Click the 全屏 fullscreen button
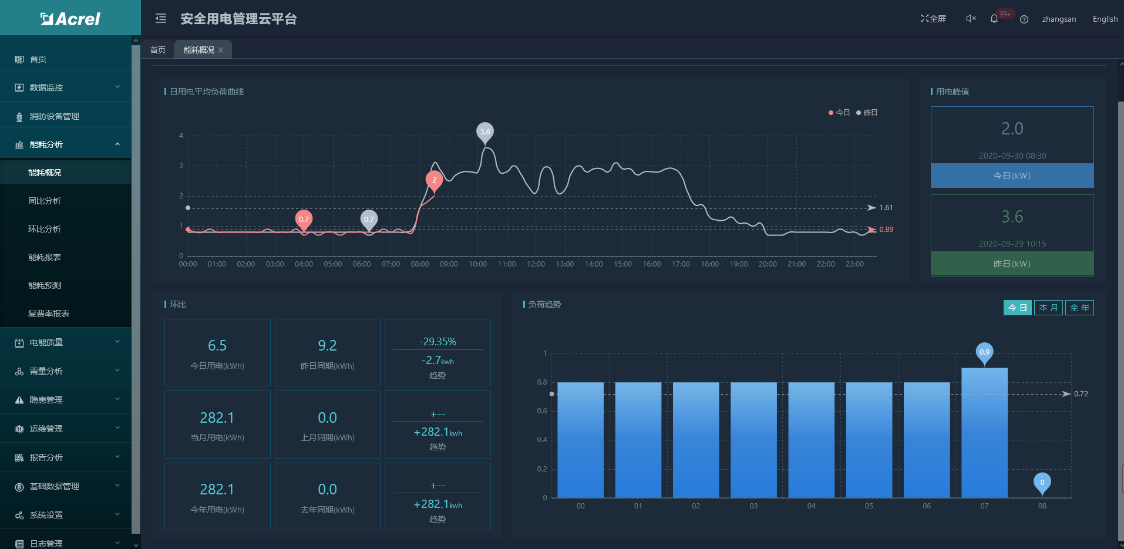point(933,19)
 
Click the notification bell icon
point(994,19)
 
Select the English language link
point(1105,19)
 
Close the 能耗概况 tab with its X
point(221,50)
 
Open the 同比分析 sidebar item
point(45,201)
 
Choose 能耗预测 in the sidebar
point(45,285)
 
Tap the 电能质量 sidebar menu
point(46,342)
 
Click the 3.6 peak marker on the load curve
point(485,132)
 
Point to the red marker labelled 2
point(434,180)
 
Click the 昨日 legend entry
point(867,113)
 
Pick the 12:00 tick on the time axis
point(536,264)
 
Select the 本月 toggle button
point(1048,308)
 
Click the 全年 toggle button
point(1079,308)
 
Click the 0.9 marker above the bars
point(984,352)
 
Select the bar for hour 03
point(753,440)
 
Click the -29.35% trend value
point(438,342)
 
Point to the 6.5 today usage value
point(217,345)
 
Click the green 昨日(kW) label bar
point(1012,264)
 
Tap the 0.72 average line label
point(1081,394)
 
